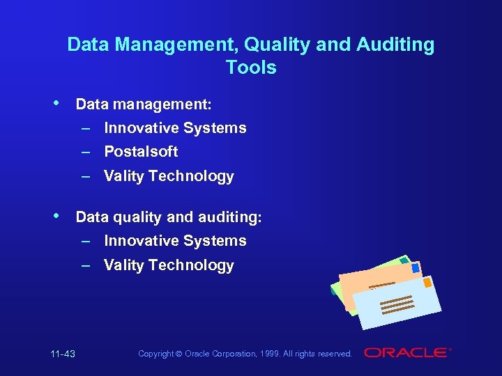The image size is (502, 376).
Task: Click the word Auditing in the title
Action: (395, 45)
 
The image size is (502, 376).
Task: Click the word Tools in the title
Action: (251, 68)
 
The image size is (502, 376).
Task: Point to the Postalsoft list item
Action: (141, 151)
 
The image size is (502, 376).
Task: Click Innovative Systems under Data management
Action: (175, 127)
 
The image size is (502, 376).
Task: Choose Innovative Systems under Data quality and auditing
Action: (175, 240)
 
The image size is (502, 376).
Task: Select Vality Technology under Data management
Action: (169, 176)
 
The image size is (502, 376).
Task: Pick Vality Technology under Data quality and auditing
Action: (169, 265)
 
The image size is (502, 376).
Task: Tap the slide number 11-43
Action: (63, 354)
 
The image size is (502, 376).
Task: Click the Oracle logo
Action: (406, 353)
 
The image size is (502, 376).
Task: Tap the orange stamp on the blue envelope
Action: (428, 283)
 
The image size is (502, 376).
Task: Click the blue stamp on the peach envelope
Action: (416, 268)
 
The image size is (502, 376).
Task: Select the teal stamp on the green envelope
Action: (404, 260)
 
